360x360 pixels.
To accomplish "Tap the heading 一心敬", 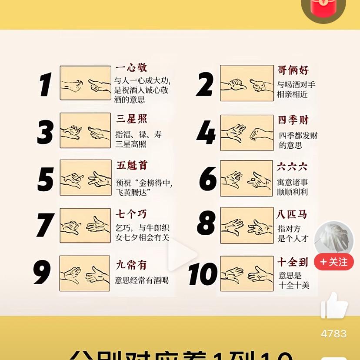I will click(131, 68).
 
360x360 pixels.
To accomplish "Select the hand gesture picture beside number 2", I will click(247, 83).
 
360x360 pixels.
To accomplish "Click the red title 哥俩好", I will click(293, 70).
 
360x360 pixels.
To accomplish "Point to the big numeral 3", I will click(45, 131).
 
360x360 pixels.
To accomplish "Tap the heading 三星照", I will click(131, 119).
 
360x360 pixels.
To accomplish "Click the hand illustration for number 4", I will click(247, 133).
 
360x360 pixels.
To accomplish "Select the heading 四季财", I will click(293, 120).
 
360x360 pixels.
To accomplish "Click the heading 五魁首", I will click(132, 166).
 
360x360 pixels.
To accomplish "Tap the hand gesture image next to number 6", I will click(247, 178).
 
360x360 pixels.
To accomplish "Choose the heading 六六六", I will click(292, 167).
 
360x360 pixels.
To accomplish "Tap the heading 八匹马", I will click(292, 214).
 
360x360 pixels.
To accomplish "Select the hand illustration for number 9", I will click(85, 273).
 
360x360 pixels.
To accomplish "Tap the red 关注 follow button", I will click(334, 262).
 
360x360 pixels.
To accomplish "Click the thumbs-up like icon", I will click(334, 306).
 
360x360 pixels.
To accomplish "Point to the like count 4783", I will click(334, 334).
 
